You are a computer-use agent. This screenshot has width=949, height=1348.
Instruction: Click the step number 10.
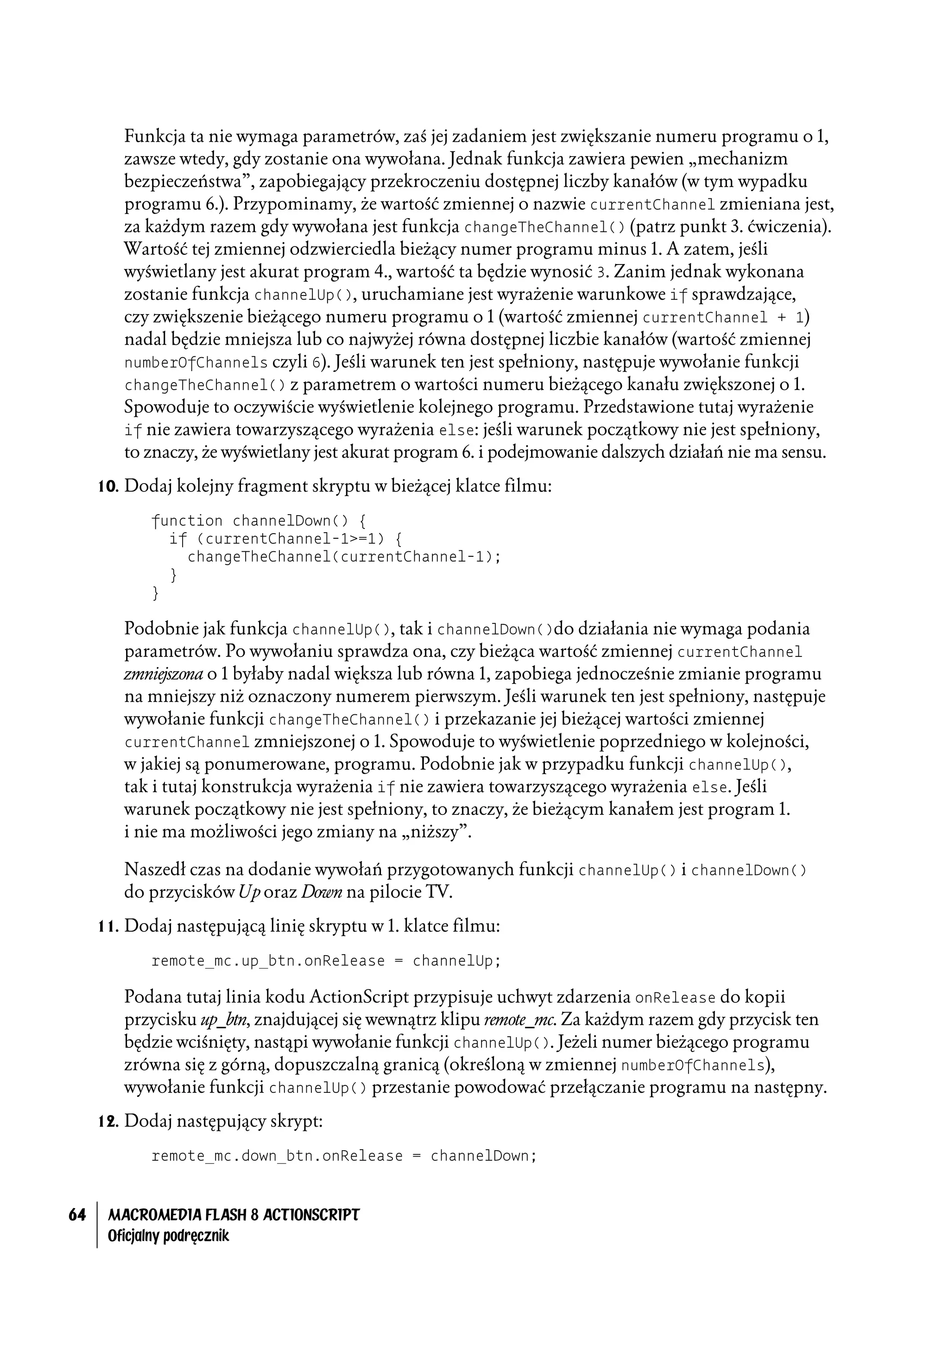pos(108,486)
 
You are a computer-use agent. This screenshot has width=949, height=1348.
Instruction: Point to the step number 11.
pos(108,926)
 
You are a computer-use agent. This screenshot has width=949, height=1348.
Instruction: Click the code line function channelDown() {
pos(259,521)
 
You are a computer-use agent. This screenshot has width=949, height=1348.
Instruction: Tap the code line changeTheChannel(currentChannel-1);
pos(344,557)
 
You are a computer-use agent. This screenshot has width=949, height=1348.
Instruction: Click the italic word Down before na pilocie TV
pos(321,892)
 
